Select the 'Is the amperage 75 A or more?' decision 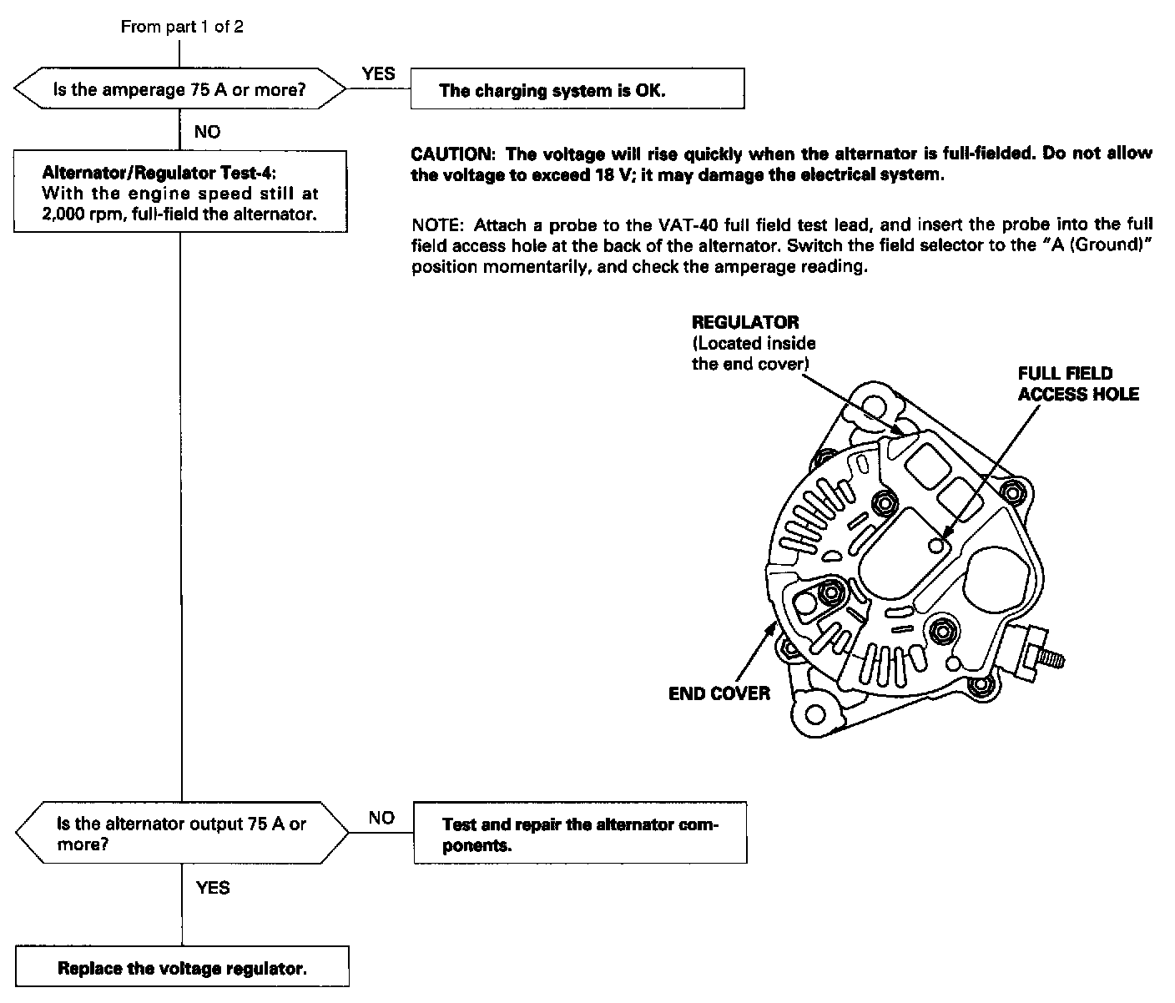coord(180,90)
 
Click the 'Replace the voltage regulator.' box coord(182,968)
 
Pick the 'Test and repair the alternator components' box coord(580,834)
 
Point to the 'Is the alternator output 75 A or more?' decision coord(182,834)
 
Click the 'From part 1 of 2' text coord(182,27)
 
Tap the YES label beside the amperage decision coord(378,74)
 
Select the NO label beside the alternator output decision coord(381,818)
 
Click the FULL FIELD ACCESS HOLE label coord(1077,384)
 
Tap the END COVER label coord(719,693)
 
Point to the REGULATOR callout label coord(744,322)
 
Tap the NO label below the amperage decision coord(207,132)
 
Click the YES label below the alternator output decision coord(213,888)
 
